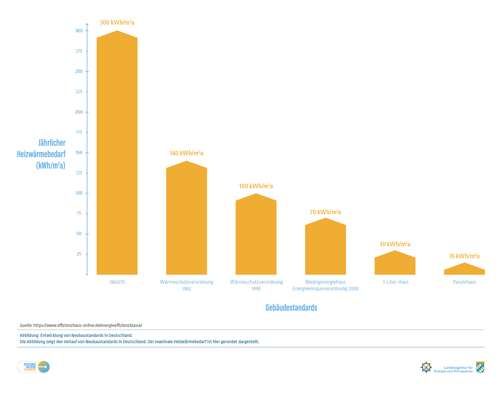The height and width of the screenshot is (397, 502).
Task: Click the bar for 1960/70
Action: [117, 154]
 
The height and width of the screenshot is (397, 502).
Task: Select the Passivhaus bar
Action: [464, 270]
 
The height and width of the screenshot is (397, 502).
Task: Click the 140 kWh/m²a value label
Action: [186, 153]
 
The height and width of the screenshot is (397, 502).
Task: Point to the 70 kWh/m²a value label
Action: [325, 212]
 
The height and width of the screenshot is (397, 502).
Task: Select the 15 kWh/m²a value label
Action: [464, 256]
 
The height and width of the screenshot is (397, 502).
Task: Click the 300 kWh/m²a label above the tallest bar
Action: [117, 23]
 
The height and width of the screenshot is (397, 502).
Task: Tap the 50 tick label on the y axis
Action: [79, 234]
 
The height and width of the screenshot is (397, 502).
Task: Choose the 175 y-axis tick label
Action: [79, 132]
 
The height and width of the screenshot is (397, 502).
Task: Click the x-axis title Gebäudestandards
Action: [291, 307]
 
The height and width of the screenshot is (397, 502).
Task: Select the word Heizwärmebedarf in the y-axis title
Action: [41, 154]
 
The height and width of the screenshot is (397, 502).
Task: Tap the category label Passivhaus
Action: [464, 282]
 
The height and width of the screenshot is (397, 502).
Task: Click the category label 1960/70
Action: [117, 282]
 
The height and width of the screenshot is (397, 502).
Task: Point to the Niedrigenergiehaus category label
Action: [325, 282]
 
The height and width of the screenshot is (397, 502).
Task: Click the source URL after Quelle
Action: [88, 325]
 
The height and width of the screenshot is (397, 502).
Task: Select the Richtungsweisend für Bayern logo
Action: [33, 367]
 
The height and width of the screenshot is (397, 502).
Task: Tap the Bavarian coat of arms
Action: [480, 367]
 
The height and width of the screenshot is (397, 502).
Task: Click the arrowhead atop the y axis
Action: [87, 25]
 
